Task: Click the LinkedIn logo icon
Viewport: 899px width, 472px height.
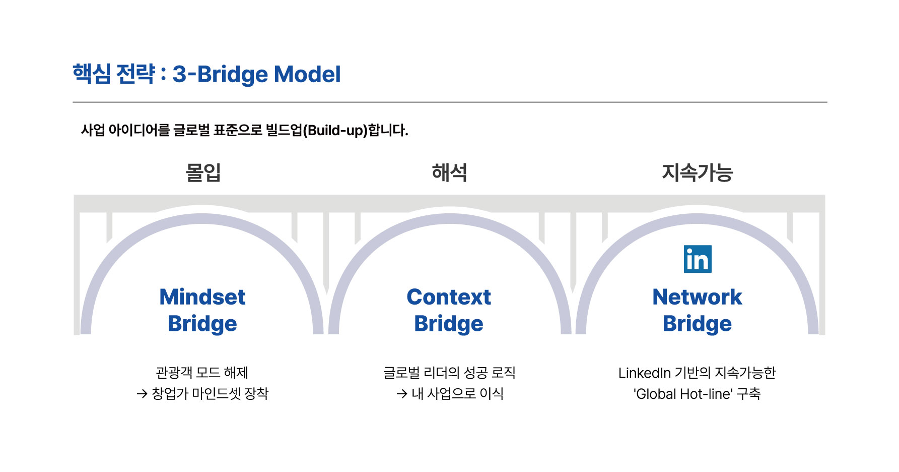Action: click(x=698, y=259)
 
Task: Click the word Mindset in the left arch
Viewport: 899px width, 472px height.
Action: click(x=202, y=297)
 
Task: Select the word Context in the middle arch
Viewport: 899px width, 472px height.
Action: click(x=449, y=297)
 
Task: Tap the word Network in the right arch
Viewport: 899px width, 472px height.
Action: click(x=697, y=297)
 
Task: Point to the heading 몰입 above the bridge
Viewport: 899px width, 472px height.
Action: click(x=203, y=172)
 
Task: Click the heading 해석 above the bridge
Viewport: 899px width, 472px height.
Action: click(x=449, y=172)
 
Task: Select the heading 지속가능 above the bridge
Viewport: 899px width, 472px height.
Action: click(x=697, y=172)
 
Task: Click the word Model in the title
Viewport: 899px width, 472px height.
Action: click(x=307, y=74)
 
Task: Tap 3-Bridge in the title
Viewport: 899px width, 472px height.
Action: click(x=220, y=75)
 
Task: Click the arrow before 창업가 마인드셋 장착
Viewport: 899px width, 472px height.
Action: click(x=142, y=394)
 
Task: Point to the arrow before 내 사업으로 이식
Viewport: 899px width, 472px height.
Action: click(x=401, y=394)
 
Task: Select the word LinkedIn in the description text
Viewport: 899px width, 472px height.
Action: click(x=645, y=373)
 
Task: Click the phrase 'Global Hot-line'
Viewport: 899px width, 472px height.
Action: click(x=683, y=394)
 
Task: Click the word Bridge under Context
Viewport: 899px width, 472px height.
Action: click(x=449, y=324)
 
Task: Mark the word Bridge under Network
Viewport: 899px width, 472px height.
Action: click(x=697, y=324)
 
